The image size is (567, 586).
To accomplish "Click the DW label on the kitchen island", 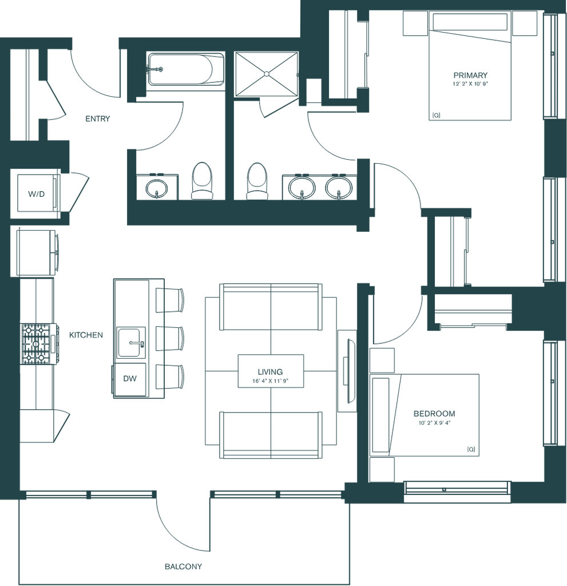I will [129, 378].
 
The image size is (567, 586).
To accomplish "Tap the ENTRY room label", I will [97, 120].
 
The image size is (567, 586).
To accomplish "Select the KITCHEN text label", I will [86, 335].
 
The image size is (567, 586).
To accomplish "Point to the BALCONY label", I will [184, 567].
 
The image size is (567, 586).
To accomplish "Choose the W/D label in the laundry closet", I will [35, 195].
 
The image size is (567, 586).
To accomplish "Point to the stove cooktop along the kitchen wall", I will [39, 343].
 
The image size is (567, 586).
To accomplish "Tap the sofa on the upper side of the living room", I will [271, 307].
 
